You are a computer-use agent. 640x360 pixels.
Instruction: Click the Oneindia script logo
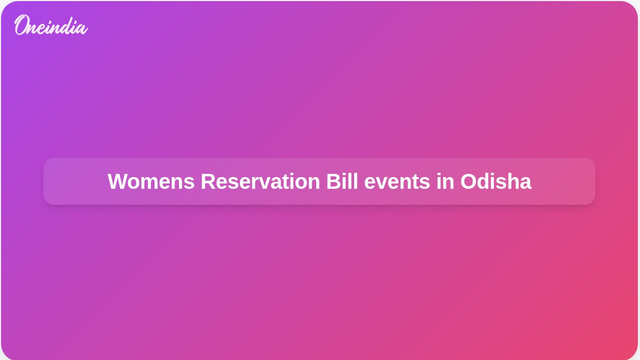pyautogui.click(x=51, y=25)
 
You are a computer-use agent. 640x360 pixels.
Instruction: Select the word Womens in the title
pyautogui.click(x=151, y=181)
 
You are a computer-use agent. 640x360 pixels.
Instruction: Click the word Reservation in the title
pyautogui.click(x=260, y=181)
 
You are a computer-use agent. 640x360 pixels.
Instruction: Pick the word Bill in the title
pyautogui.click(x=342, y=181)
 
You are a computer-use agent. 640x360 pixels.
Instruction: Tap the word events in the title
pyautogui.click(x=397, y=183)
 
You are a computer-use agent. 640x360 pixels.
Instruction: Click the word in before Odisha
pyautogui.click(x=445, y=181)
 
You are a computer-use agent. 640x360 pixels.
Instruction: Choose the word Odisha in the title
pyautogui.click(x=495, y=181)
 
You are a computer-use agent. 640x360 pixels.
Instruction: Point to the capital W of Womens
pyautogui.click(x=117, y=181)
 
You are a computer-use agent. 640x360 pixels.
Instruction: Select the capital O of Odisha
pyautogui.click(x=469, y=181)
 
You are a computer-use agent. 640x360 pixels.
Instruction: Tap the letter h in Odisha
pyautogui.click(x=513, y=181)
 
